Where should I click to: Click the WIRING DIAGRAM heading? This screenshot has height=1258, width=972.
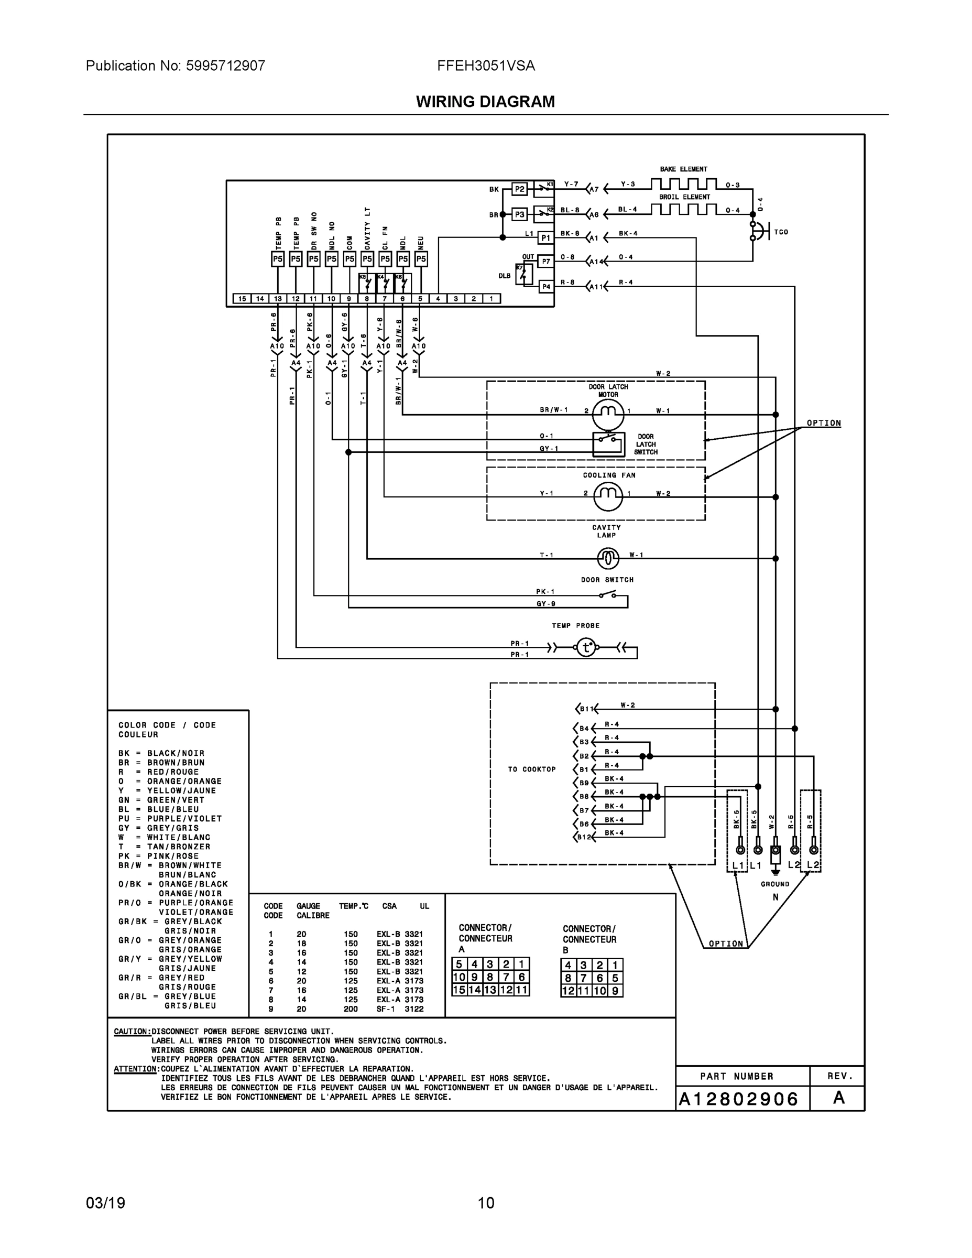485,102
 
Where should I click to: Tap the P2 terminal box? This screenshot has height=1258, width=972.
519,189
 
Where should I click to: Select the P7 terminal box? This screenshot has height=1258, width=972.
545,261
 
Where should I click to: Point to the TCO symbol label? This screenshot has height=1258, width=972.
781,232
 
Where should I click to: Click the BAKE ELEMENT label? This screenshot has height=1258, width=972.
683,169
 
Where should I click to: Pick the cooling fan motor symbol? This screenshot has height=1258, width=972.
608,496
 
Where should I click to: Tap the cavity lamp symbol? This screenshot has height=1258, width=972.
607,558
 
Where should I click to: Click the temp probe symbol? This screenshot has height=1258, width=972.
586,647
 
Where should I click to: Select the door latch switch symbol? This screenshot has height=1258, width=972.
609,443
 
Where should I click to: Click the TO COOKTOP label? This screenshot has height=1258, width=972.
531,769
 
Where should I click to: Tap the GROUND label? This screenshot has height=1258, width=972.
775,884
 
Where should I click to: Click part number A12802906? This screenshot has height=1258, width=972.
739,1099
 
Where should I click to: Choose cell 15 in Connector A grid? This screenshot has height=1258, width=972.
459,990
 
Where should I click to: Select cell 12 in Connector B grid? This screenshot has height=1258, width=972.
569,991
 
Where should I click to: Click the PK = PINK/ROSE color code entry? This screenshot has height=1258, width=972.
158,856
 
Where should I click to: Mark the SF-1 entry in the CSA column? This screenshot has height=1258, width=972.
386,1008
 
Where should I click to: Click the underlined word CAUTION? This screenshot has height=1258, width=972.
132,1031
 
